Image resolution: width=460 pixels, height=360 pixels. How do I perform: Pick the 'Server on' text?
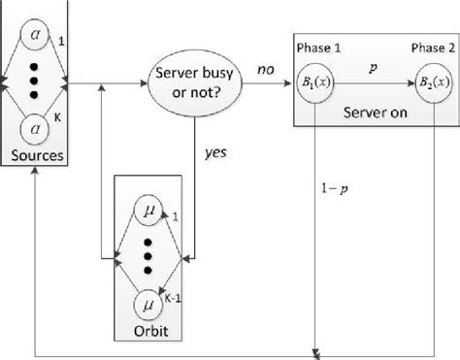[x=374, y=114]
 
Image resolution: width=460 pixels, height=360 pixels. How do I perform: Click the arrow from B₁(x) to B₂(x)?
[x=374, y=82]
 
